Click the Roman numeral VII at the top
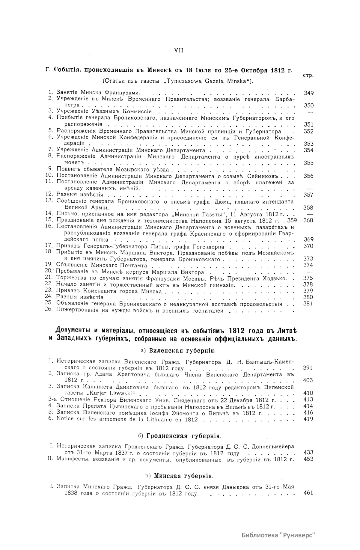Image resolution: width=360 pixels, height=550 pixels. [x=179, y=50]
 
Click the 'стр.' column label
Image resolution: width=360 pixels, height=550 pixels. [x=308, y=75]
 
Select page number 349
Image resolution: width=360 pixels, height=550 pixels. [x=308, y=93]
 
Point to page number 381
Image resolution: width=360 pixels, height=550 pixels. [x=308, y=304]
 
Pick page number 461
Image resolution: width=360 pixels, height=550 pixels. [x=308, y=493]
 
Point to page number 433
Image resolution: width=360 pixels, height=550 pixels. [x=308, y=452]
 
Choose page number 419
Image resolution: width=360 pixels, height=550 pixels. [x=308, y=419]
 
